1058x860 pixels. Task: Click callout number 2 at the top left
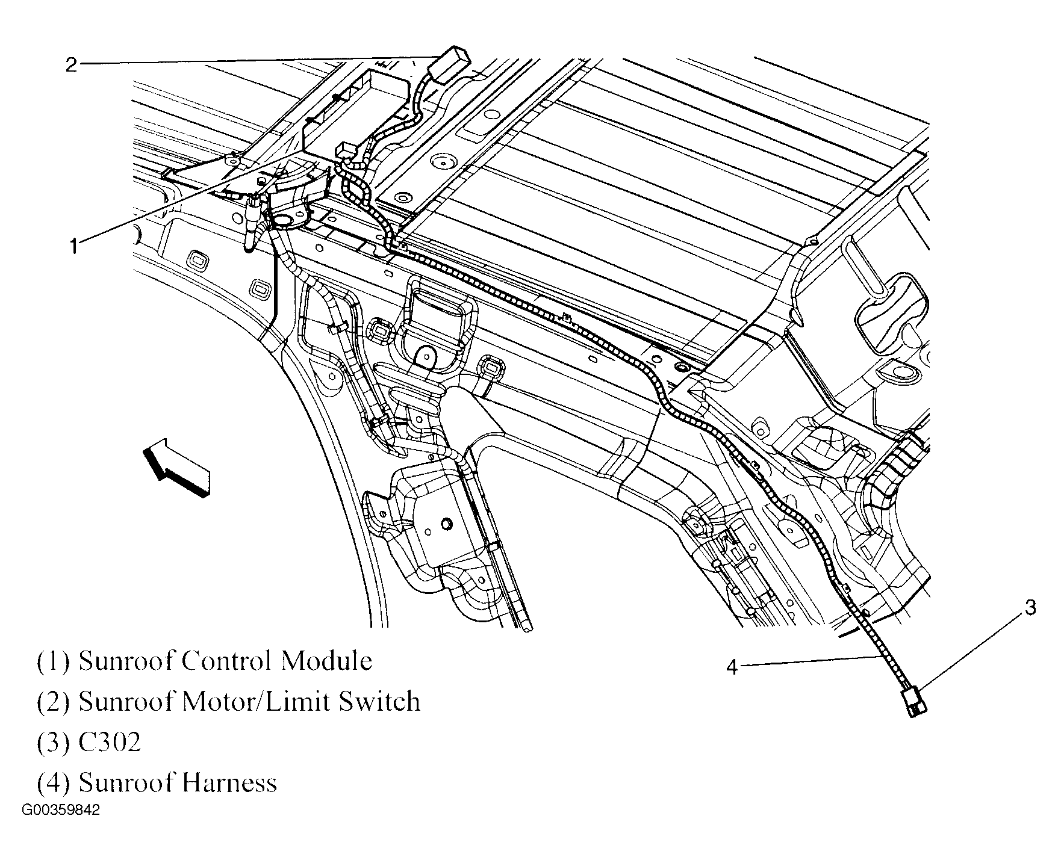[71, 65]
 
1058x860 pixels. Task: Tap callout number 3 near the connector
[1030, 608]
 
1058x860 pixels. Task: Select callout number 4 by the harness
[732, 667]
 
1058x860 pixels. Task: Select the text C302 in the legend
[110, 742]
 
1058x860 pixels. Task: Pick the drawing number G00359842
[60, 811]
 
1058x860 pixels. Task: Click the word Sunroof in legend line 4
[126, 783]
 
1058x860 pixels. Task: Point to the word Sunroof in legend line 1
[126, 661]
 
